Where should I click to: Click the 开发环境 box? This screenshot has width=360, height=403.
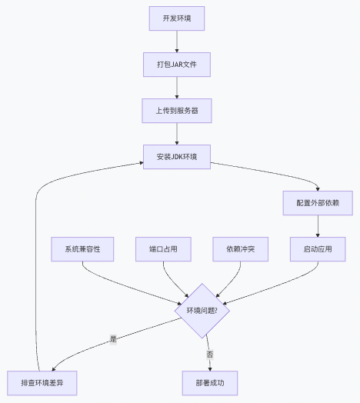[177, 18]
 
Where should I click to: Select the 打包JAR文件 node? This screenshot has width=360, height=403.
[177, 65]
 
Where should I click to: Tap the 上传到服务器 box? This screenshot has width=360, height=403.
[177, 111]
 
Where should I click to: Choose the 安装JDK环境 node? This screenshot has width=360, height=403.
[177, 157]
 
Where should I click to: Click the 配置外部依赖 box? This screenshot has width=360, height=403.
[318, 203]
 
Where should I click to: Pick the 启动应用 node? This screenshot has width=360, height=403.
[318, 249]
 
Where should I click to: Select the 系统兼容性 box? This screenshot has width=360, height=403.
[82, 249]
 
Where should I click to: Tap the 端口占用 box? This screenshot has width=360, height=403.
[163, 249]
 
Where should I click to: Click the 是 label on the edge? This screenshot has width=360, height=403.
[113, 338]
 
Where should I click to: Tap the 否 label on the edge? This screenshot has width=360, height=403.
[208, 354]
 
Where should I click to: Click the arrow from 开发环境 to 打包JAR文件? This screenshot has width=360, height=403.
[177, 42]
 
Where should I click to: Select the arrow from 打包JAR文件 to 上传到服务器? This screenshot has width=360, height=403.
[177, 88]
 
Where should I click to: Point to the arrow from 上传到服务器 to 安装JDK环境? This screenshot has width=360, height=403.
[177, 134]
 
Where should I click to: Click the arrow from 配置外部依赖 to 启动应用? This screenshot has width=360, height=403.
[318, 226]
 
